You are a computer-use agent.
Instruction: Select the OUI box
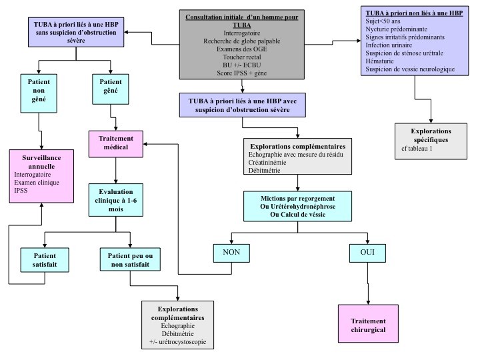(x=367, y=253)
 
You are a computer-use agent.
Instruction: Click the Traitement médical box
(x=117, y=143)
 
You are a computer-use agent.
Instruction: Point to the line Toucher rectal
(x=237, y=58)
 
